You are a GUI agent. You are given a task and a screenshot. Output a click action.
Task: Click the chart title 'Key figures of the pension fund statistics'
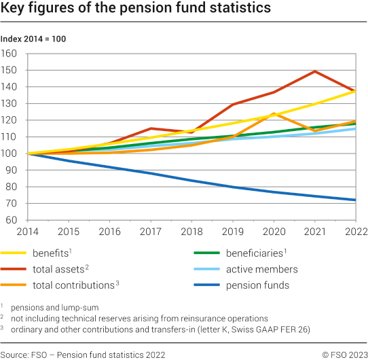(x=136, y=9)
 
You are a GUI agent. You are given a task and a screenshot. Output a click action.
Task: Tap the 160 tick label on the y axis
(x=10, y=54)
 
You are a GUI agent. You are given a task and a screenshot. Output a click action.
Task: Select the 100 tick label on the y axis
(x=10, y=154)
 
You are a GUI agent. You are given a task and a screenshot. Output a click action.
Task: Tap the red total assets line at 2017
(x=149, y=128)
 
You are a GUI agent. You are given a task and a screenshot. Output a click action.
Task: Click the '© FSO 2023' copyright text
(x=344, y=354)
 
